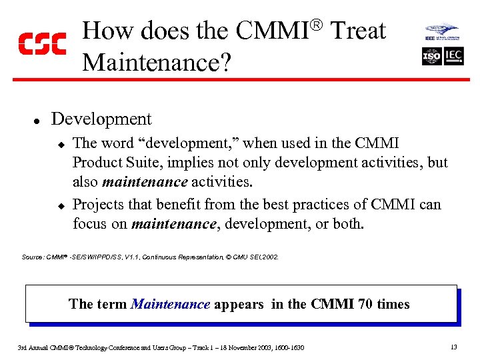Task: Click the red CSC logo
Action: point(41,43)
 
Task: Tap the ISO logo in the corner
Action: point(432,56)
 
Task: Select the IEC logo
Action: point(454,56)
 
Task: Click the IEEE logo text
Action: point(431,39)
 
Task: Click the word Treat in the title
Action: point(358,31)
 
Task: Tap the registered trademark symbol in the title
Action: point(317,25)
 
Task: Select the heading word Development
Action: point(101,119)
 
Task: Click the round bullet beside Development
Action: point(39,121)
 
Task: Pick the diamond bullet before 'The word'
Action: point(59,144)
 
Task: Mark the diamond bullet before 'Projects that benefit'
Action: point(59,205)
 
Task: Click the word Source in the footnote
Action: point(32,257)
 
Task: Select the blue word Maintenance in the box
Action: point(171,305)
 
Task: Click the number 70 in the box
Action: point(365,305)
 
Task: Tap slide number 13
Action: point(453,347)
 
